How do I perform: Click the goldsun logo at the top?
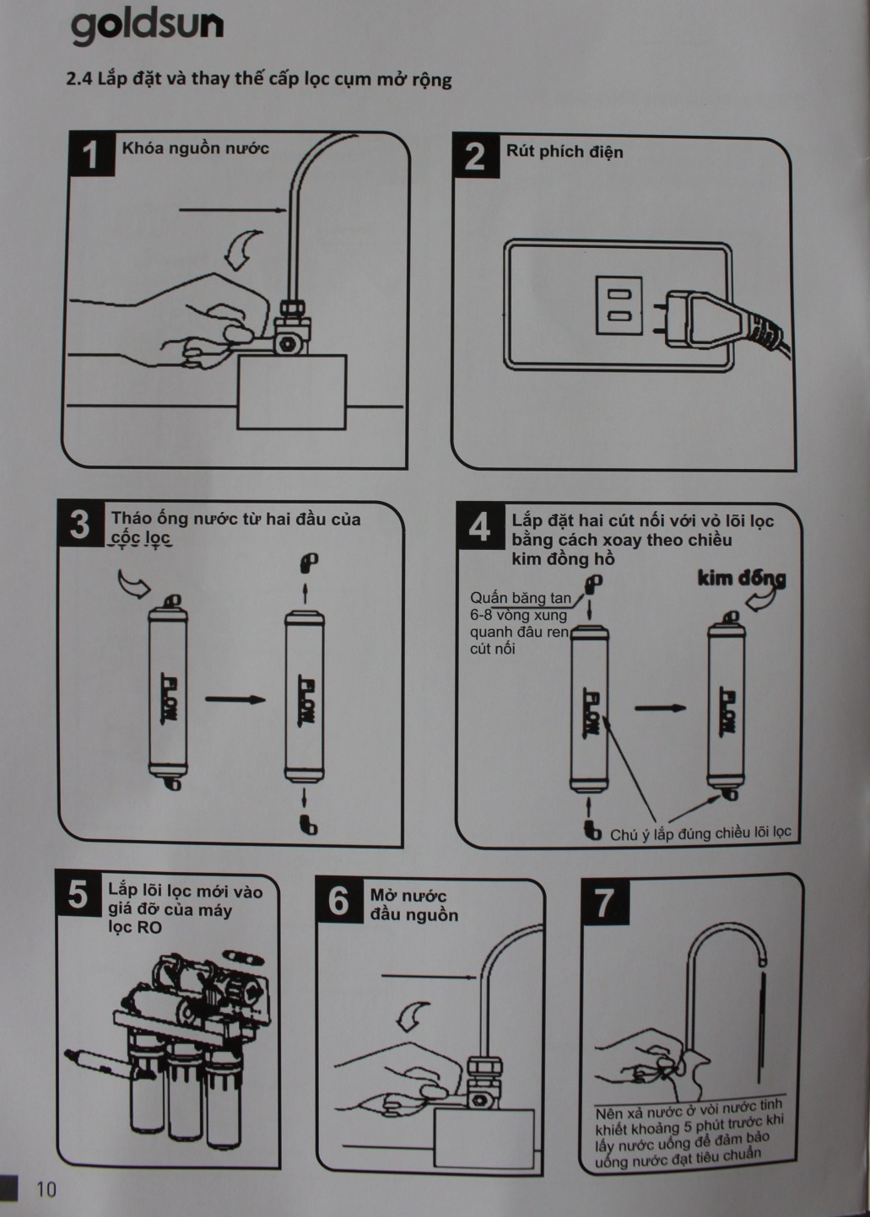tap(147, 27)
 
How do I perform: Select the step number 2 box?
tap(475, 156)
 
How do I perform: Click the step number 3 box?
tap(80, 525)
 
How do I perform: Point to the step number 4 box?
tap(479, 526)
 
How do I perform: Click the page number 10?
tap(46, 1189)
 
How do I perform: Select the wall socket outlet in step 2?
tap(619, 304)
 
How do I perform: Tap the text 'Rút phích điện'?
tap(565, 151)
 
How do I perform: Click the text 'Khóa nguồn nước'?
tap(195, 148)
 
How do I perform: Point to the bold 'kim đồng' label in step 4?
tap(742, 579)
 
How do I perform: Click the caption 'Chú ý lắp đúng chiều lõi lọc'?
tap(700, 833)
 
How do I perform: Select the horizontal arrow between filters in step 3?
tap(235, 698)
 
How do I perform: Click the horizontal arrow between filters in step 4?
tap(661, 708)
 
